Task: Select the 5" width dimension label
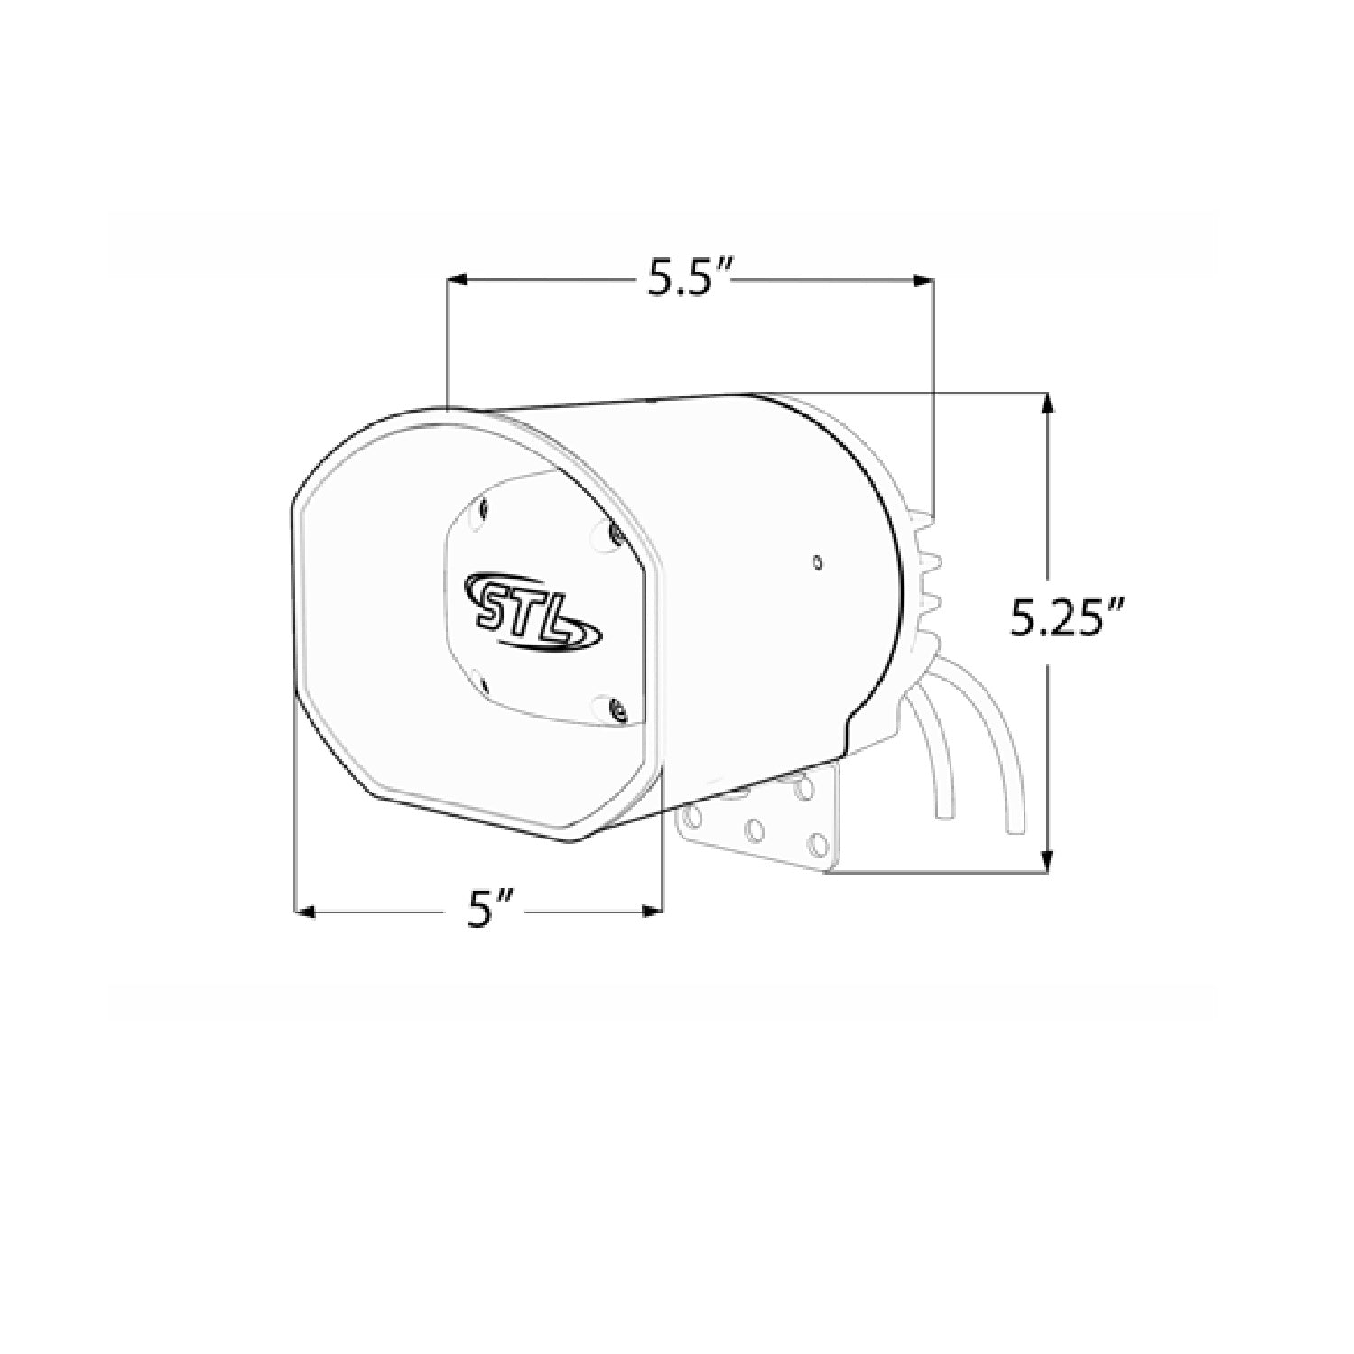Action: tap(490, 912)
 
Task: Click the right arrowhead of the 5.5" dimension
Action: tap(923, 282)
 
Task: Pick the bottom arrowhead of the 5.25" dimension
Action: tap(1046, 862)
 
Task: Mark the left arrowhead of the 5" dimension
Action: tap(308, 912)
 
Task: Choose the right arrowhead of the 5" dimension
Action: tap(652, 912)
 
